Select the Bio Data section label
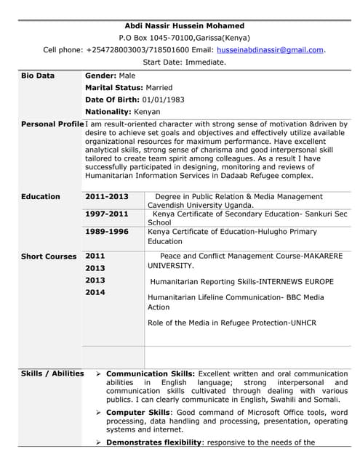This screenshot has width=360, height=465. (x=38, y=76)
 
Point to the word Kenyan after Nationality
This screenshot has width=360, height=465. (x=146, y=112)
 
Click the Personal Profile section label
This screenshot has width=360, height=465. (x=52, y=124)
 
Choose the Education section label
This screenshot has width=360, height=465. (x=41, y=197)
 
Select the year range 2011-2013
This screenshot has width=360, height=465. (x=106, y=197)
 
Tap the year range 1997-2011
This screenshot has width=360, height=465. (x=106, y=214)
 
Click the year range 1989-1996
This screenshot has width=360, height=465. (x=106, y=232)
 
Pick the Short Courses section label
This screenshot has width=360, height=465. (x=49, y=256)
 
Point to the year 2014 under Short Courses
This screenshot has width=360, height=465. (x=95, y=292)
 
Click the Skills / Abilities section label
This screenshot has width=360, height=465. (x=52, y=373)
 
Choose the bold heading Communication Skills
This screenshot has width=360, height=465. (x=151, y=373)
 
